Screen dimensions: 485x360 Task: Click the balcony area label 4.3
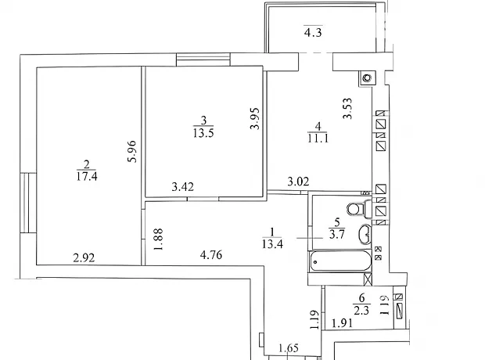pos(313,32)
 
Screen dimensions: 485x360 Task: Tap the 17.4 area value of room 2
pos(87,176)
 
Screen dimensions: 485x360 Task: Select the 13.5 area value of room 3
pos(203,133)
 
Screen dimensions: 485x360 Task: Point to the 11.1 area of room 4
pos(318,138)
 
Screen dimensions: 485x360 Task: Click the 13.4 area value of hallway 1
pos(272,244)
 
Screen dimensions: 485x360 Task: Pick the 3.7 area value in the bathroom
pos(337,234)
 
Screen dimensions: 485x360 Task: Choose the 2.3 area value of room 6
pos(361,310)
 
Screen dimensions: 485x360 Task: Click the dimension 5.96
pos(131,151)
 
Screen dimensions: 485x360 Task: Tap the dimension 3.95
pos(255,118)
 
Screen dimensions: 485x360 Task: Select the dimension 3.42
pos(183,187)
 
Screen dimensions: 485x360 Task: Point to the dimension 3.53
pos(347,108)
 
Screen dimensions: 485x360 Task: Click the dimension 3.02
pos(298,181)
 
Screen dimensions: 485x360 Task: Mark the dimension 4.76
pos(211,255)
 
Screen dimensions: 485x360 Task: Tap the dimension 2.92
pos(84,257)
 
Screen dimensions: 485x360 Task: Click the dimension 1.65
pos(289,348)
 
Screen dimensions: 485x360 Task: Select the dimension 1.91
pos(342,323)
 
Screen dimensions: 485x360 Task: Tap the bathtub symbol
pos(341,261)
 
